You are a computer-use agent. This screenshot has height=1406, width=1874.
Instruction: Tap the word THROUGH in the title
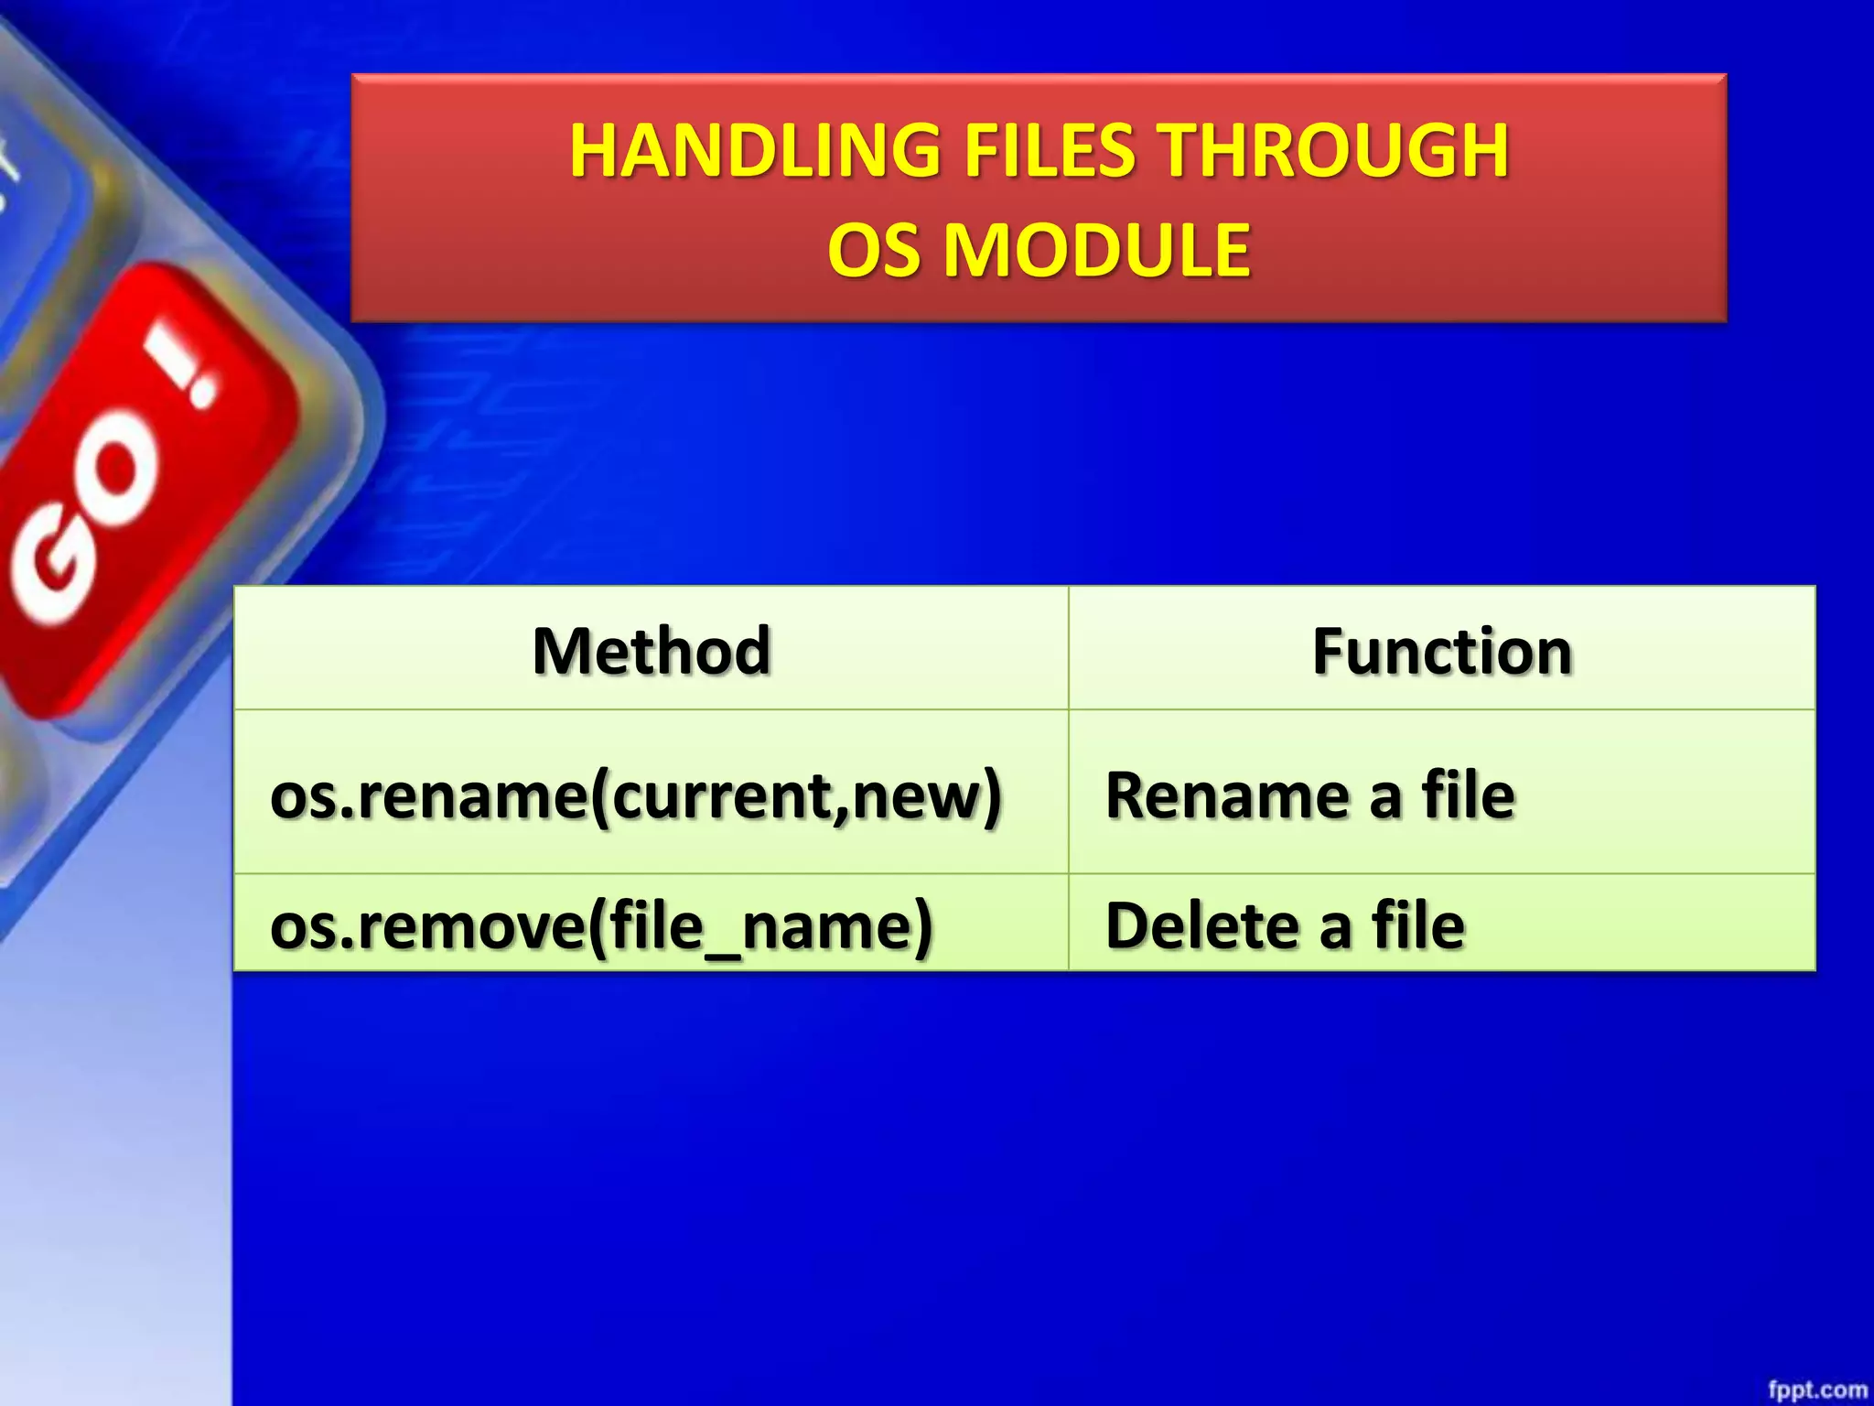coord(1335,151)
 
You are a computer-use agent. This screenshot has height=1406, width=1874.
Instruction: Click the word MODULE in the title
coord(1097,251)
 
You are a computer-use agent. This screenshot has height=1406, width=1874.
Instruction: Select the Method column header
coord(652,651)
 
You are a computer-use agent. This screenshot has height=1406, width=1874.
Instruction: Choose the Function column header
coord(1442,651)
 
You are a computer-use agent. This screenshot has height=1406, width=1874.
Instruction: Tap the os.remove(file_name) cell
coord(601,925)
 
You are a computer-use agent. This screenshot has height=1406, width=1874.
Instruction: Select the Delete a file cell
coord(1285,925)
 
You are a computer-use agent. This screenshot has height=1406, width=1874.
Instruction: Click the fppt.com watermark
coord(1816,1390)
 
